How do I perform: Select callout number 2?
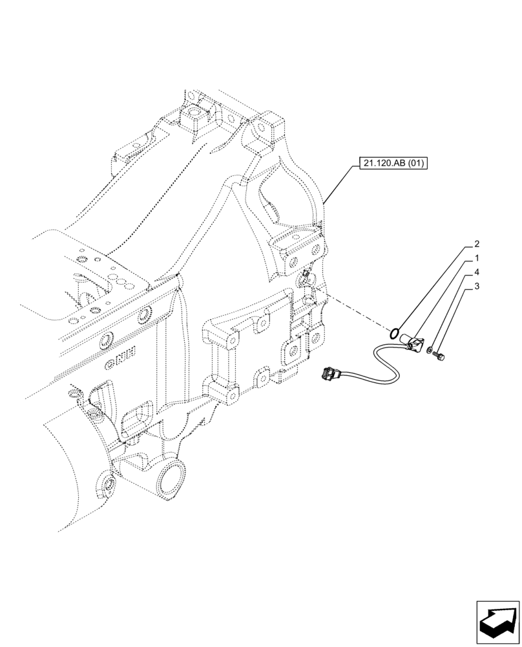(x=476, y=245)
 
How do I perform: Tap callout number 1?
(x=476, y=258)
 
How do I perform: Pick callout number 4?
(x=476, y=272)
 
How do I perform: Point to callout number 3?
(x=476, y=286)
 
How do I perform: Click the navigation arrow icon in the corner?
(x=497, y=622)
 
